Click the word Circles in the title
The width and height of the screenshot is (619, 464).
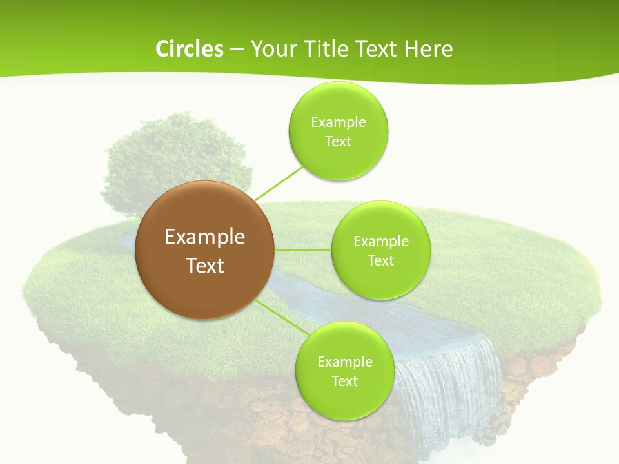click(189, 49)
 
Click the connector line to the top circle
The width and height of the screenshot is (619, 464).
click(279, 183)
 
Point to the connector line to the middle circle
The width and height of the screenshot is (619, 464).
click(302, 250)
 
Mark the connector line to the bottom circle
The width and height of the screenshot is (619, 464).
click(281, 318)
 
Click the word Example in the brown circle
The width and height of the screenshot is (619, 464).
click(205, 237)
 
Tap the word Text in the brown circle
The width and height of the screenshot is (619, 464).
click(205, 266)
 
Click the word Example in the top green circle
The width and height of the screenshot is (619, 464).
click(339, 122)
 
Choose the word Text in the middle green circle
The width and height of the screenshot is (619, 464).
click(380, 260)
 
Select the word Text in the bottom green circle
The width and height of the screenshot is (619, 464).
click(344, 381)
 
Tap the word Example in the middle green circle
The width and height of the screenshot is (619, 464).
click(381, 241)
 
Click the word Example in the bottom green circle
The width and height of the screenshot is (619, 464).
click(345, 362)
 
